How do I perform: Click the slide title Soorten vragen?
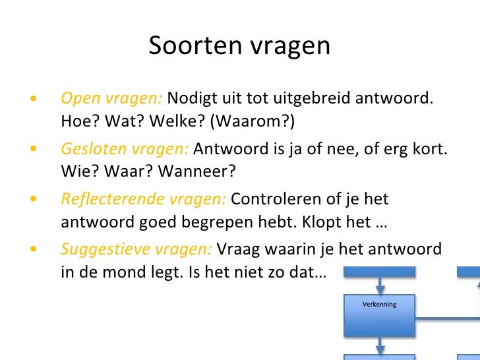239,45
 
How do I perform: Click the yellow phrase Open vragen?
111,99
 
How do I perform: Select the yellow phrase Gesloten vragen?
125,149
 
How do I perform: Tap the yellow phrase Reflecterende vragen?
143,199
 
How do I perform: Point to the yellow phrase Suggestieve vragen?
136,249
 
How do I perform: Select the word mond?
117,272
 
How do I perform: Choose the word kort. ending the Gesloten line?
431,149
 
